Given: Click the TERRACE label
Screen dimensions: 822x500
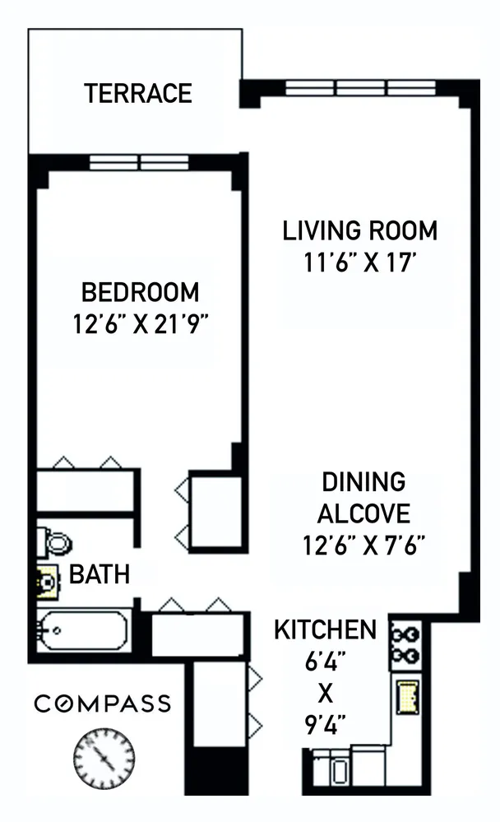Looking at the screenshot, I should coord(137,93).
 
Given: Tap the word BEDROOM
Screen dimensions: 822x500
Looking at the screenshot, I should coord(140,292).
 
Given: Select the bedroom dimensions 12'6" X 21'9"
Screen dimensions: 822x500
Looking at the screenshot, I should coord(140,323).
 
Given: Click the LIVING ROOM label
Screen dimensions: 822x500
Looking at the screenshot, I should coord(359,230).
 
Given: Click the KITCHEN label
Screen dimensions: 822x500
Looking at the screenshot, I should coord(325,631).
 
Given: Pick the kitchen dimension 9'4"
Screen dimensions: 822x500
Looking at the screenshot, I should coord(325,725).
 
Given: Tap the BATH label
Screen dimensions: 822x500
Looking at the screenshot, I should coord(99,574).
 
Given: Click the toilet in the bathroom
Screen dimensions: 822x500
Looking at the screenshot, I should coord(56,541).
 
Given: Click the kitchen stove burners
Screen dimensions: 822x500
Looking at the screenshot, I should coord(406,644).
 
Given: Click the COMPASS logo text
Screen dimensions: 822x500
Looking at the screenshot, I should coord(102,704).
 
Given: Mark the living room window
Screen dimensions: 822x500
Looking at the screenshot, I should coord(361,87).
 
